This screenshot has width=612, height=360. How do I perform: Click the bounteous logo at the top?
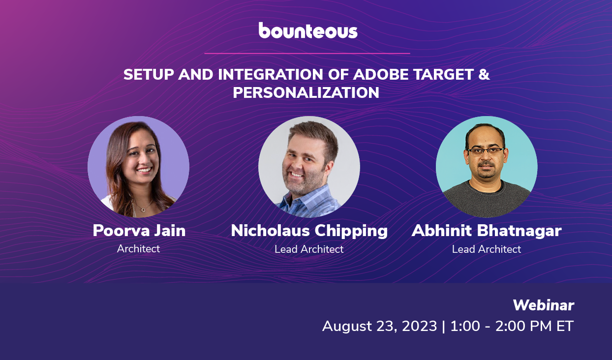point(308,30)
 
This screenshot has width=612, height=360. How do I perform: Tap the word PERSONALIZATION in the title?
point(306,92)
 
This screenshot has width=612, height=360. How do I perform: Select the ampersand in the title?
point(484,75)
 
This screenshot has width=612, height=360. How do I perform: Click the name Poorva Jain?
point(139,230)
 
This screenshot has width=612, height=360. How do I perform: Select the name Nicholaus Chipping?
point(309,230)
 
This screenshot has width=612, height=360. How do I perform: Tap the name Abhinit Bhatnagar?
point(486,230)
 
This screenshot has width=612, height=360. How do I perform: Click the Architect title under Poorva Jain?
point(138,249)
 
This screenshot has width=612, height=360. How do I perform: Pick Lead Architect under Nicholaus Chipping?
point(309,249)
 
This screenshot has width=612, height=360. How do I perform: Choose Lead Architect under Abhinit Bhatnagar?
point(486,249)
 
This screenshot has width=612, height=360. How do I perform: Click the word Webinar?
point(543,305)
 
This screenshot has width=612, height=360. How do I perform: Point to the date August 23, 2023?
point(379,326)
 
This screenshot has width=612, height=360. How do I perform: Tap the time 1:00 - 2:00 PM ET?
point(512,326)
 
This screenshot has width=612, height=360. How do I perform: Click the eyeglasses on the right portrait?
point(485,151)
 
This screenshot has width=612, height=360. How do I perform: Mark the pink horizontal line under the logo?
point(307,53)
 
